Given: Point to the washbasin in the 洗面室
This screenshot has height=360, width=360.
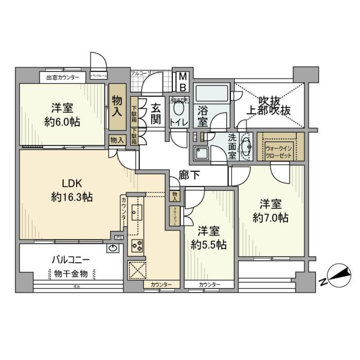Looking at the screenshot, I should point(245,146).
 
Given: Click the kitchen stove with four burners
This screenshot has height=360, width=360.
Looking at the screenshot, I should point(136,246).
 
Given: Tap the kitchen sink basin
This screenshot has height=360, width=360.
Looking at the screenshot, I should point(136,213).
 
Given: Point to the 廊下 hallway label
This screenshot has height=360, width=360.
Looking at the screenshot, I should point(189,175).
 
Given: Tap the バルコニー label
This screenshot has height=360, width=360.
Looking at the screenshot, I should point(70,260).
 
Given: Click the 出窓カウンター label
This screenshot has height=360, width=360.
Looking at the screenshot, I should point(63,78).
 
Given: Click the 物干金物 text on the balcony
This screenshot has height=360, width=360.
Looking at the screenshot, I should point(71,274).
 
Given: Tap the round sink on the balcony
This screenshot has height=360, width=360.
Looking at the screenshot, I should point(112,248).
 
